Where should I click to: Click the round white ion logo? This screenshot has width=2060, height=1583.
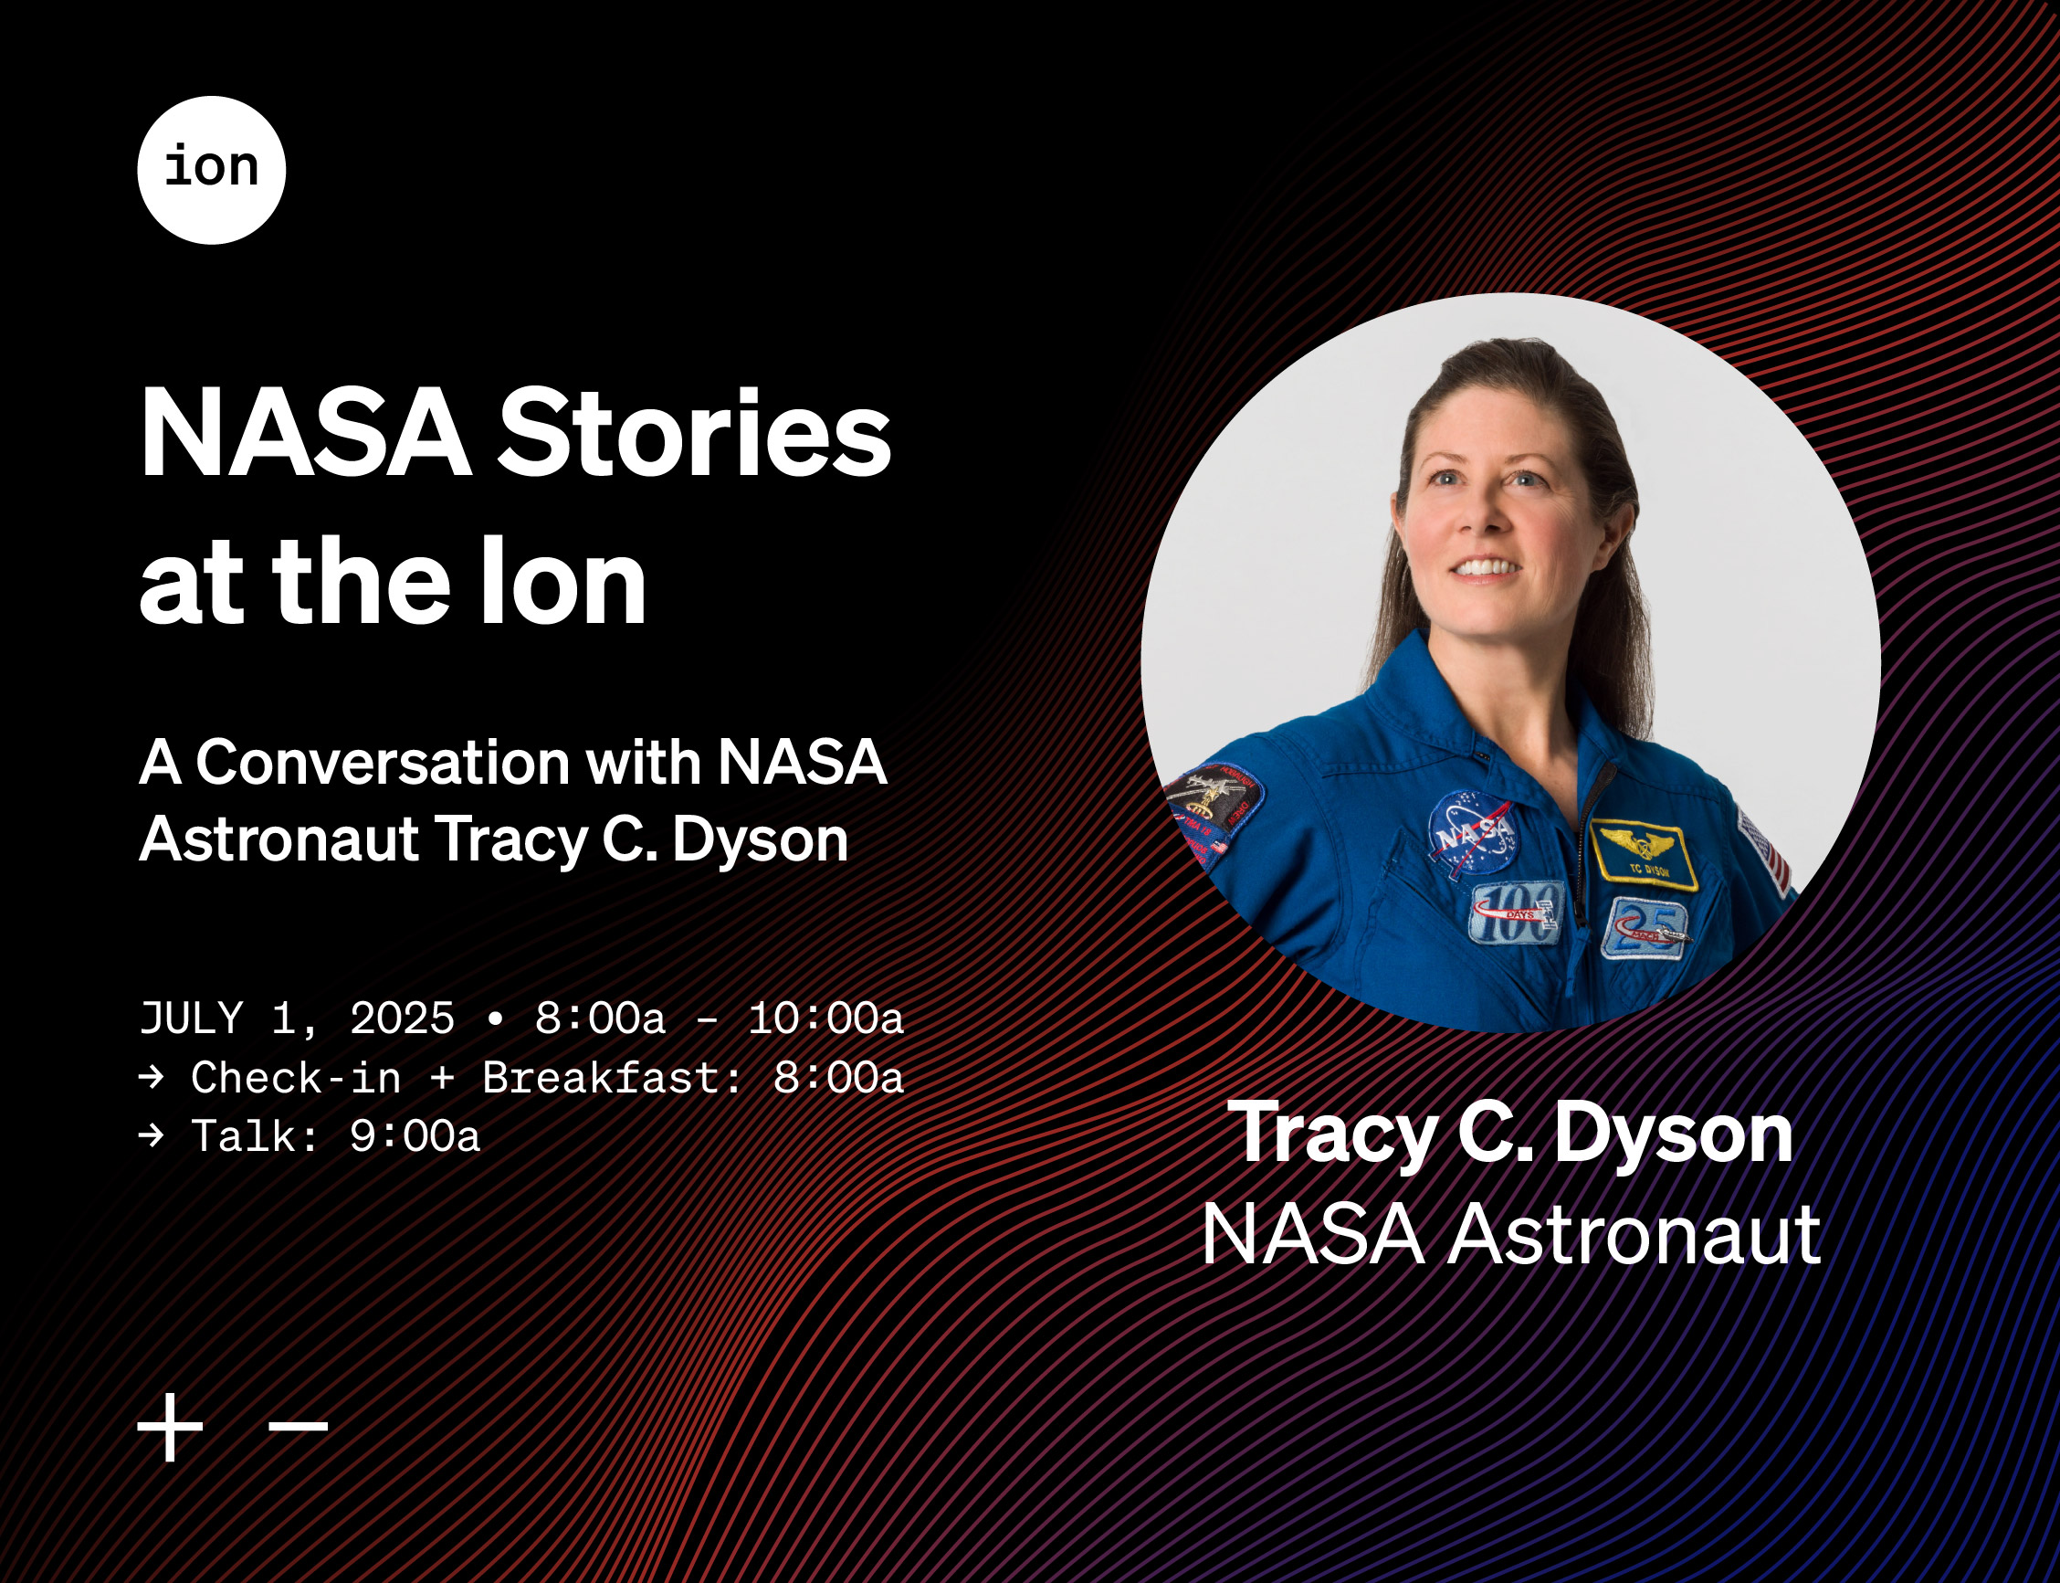(211, 170)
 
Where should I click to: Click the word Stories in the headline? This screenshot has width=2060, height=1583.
(694, 435)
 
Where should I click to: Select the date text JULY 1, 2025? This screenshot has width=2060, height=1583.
(297, 1018)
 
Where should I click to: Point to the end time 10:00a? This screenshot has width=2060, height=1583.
(825, 1018)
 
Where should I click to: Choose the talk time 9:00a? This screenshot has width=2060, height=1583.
(415, 1135)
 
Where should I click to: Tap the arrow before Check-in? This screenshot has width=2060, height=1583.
(151, 1077)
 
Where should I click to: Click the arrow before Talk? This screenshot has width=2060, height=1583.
(151, 1135)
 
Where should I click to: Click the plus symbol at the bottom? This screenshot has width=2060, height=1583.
(171, 1427)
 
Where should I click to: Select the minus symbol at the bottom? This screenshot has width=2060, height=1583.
(299, 1427)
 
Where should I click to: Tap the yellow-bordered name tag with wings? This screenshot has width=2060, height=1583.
(1644, 855)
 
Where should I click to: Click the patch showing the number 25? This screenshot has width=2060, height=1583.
(1645, 929)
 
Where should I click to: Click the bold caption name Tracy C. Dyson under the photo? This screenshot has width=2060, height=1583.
(1511, 1134)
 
